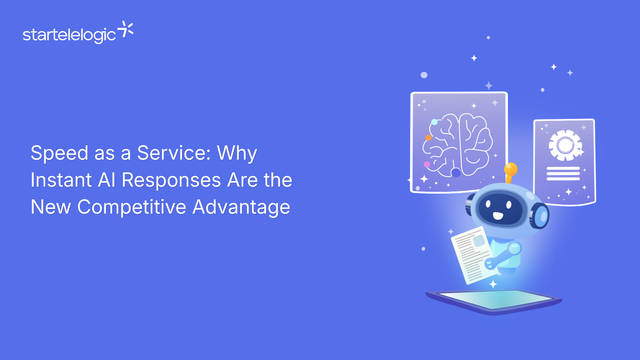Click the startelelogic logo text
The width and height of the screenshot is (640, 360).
coord(69,35)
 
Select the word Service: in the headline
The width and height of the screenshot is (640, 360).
coord(174,153)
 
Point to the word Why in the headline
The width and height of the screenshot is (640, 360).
coord(237,154)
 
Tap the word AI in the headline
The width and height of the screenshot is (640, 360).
coord(107,180)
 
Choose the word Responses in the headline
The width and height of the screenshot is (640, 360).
coord(171,180)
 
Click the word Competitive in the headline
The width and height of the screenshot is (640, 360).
coord(132,207)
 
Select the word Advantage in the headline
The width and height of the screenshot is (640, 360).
coord(241,207)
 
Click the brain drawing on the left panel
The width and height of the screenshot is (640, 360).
coord(458,145)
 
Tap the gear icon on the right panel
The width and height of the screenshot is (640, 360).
coord(565,145)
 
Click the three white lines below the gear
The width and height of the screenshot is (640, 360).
coord(563,174)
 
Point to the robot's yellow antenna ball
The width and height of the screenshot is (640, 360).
coord(511,169)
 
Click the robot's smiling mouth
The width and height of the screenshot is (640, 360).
coord(498,216)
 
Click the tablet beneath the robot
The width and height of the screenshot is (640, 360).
coord(494,301)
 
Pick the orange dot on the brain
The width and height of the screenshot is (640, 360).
coord(428,137)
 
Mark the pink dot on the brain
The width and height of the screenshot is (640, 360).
coord(427,164)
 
